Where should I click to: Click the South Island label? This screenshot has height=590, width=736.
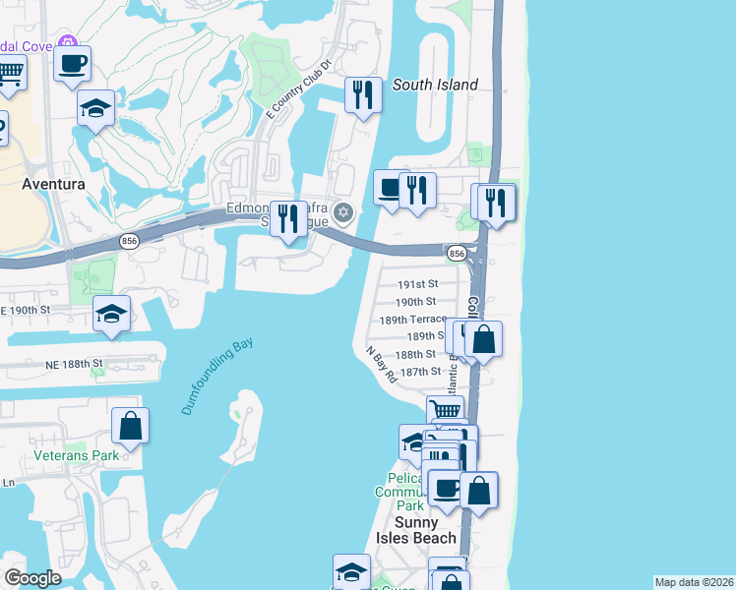pyautogui.click(x=435, y=85)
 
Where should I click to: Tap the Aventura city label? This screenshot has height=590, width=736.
pyautogui.click(x=53, y=184)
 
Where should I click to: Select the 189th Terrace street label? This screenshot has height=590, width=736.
pyautogui.click(x=413, y=320)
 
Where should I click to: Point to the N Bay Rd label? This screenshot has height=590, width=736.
pyautogui.click(x=380, y=364)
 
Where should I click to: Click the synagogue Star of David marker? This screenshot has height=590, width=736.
pyautogui.click(x=343, y=212)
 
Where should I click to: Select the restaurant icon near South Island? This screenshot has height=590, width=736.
pyautogui.click(x=364, y=95)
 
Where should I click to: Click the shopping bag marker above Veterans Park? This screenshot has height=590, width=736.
pyautogui.click(x=130, y=426)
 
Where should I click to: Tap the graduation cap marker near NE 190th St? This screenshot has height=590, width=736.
pyautogui.click(x=112, y=315)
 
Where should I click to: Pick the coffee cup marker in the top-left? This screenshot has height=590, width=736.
pyautogui.click(x=73, y=65)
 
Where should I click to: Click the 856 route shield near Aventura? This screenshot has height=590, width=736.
pyautogui.click(x=129, y=240)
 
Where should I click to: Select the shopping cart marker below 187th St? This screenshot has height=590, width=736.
pyautogui.click(x=445, y=411)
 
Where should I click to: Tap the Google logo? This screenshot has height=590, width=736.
pyautogui.click(x=32, y=578)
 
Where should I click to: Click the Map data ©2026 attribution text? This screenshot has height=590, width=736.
pyautogui.click(x=693, y=582)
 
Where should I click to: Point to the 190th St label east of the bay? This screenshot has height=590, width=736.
pyautogui.click(x=415, y=302)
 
